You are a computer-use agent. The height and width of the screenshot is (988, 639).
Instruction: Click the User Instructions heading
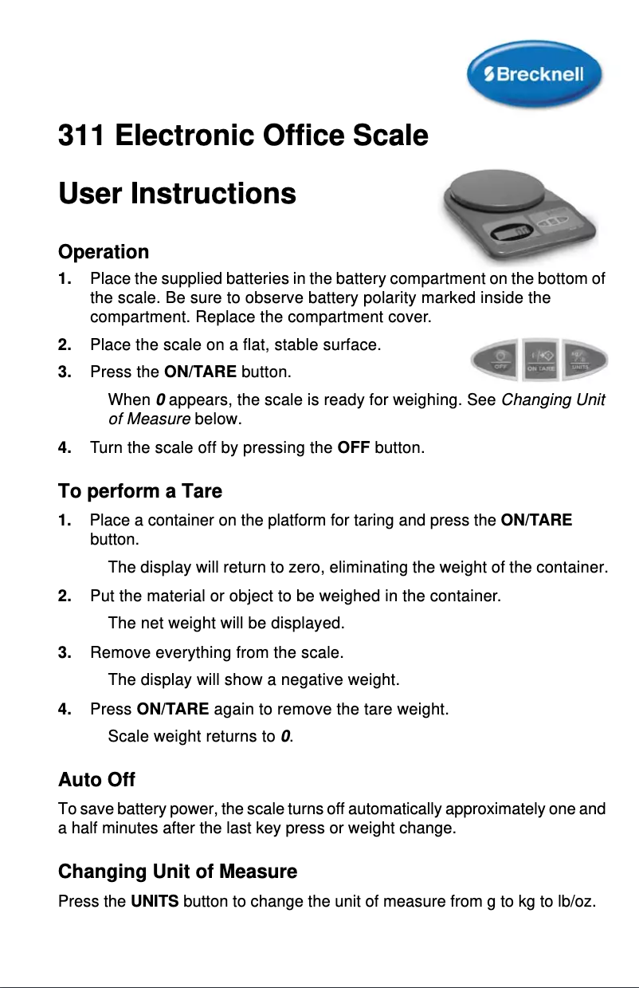coord(177,194)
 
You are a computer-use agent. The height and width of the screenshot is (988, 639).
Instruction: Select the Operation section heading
coord(104,252)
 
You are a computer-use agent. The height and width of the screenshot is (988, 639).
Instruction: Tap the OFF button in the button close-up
coord(500,360)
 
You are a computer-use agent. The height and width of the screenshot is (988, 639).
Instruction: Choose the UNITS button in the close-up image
coord(581,360)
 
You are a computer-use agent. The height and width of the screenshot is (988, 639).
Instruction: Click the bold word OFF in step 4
coord(353,448)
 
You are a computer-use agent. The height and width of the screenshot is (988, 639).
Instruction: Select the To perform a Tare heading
coord(140,490)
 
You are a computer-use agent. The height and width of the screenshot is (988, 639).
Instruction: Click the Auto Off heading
coord(96,778)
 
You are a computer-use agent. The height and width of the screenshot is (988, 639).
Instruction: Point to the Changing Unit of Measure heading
coord(178,872)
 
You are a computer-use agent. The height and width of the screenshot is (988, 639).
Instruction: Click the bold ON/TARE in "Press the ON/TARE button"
coord(199,372)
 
